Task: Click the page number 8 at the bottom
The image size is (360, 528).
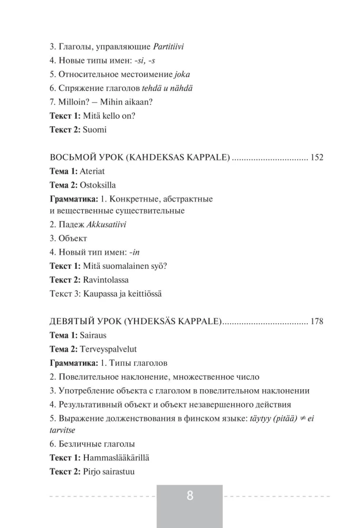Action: (x=190, y=496)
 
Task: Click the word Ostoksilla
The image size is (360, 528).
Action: (x=98, y=185)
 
